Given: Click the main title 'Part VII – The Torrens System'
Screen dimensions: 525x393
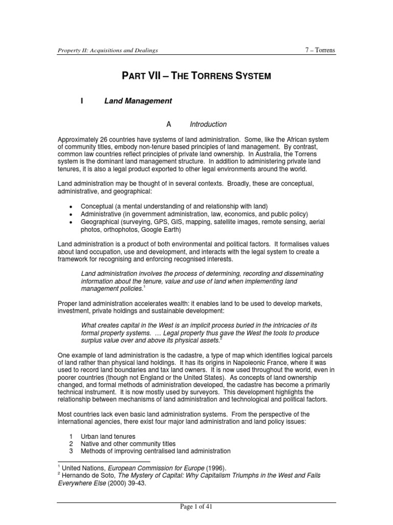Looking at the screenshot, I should click(x=195, y=77).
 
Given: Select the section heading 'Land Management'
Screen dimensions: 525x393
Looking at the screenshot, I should click(x=138, y=102).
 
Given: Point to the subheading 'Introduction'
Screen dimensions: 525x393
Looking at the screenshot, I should click(x=208, y=125).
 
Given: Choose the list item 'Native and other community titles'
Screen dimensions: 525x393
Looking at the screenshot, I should click(x=128, y=443).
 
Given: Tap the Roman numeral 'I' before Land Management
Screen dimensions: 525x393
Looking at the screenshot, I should click(x=82, y=102).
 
